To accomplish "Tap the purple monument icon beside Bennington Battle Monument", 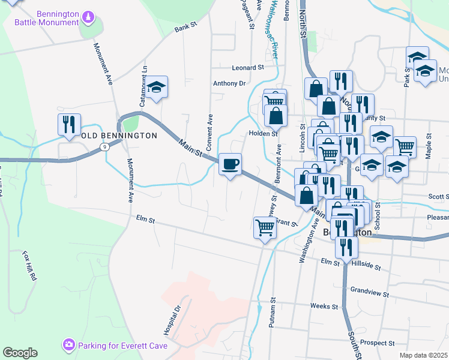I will click(x=88, y=16).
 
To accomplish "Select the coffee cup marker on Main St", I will click(x=229, y=164).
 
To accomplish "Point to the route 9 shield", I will click(x=105, y=146).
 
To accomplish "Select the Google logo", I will click(x=20, y=353).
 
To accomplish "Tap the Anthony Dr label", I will click(x=229, y=83).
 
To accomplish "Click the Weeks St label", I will click(x=324, y=306).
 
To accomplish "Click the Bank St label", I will click(x=185, y=28).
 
